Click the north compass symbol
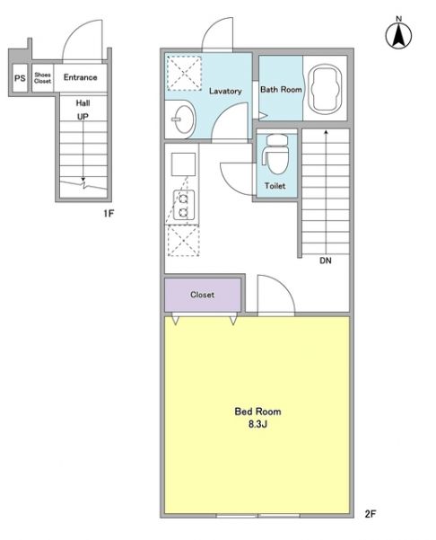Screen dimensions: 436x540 [x=398, y=34]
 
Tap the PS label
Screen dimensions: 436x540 [x=20, y=78]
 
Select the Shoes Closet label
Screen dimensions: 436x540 [x=43, y=78]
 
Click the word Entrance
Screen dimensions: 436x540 [x=81, y=77]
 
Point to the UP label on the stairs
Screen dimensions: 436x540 [x=83, y=117]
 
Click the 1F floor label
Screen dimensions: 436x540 [x=109, y=214]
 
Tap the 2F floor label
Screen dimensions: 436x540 [x=370, y=514]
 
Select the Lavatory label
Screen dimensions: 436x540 [x=225, y=92]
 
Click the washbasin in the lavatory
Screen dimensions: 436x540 [x=183, y=120]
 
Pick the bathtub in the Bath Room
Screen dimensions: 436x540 [x=326, y=89]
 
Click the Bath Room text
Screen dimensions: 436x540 [x=281, y=90]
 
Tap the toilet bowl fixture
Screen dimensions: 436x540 [x=275, y=155]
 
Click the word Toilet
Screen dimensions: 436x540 [x=275, y=186]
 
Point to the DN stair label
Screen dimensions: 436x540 [x=326, y=261]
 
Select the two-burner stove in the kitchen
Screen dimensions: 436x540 [x=183, y=205]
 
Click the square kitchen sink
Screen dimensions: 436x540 [x=183, y=164]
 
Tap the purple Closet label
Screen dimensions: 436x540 [x=202, y=295]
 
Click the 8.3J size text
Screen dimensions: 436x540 [x=257, y=424]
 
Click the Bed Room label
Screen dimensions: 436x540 [x=257, y=412]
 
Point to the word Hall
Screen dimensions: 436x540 [x=83, y=103]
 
